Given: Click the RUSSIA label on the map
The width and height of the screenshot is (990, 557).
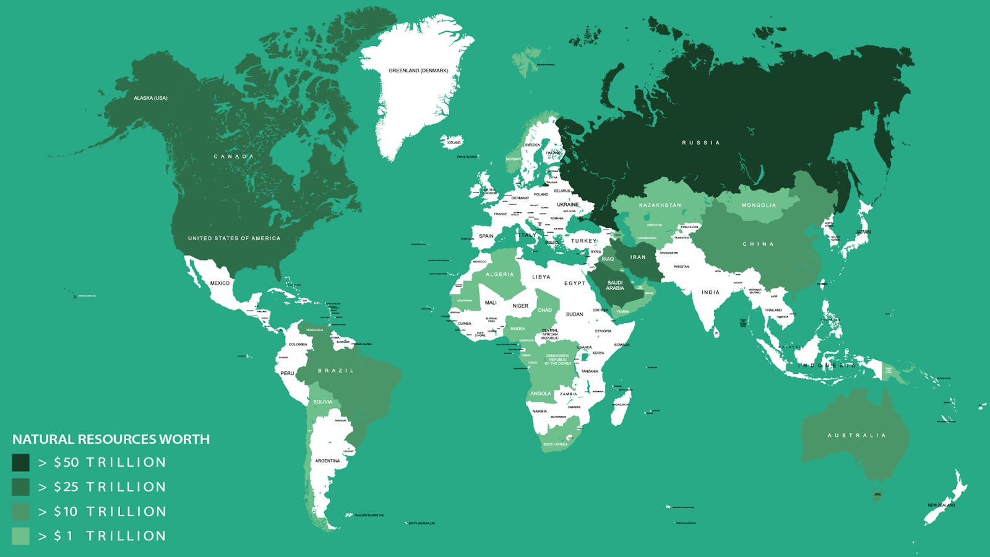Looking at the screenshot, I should coord(700,143).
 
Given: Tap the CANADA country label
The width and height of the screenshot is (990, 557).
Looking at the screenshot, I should coord(234,157).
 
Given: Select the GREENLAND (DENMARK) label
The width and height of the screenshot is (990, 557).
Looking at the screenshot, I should coord(418,71).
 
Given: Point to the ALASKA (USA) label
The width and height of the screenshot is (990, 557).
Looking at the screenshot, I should coord(150,98).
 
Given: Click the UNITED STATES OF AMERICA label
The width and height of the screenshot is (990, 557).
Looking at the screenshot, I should coord(234,238).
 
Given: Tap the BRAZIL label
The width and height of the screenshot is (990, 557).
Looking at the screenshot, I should coord(336,371).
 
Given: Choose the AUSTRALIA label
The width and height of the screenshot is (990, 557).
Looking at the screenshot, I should coord(856,436).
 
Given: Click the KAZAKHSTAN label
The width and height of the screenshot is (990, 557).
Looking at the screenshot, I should coord(660,205).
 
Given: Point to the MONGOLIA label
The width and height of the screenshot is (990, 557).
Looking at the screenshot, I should coord(759,205).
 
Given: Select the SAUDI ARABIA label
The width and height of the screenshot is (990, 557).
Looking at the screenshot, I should coord(615,285).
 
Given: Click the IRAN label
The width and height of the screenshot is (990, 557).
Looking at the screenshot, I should coord(638,257).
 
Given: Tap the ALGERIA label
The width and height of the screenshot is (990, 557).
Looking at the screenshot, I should coord(499,275).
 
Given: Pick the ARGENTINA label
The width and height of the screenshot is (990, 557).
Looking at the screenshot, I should coord(327,461).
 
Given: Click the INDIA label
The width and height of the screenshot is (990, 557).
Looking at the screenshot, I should coord(710,293).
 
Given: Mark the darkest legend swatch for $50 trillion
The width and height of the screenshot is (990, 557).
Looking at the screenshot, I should coord(20,462).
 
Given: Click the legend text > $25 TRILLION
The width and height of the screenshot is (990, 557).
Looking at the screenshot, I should coord(102,487).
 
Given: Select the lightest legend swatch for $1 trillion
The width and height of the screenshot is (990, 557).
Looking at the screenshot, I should coord(20,536).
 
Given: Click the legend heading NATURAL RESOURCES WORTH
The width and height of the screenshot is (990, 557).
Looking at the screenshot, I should coord(111,439).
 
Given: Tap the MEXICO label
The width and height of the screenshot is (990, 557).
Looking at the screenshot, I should coord(220,283).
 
